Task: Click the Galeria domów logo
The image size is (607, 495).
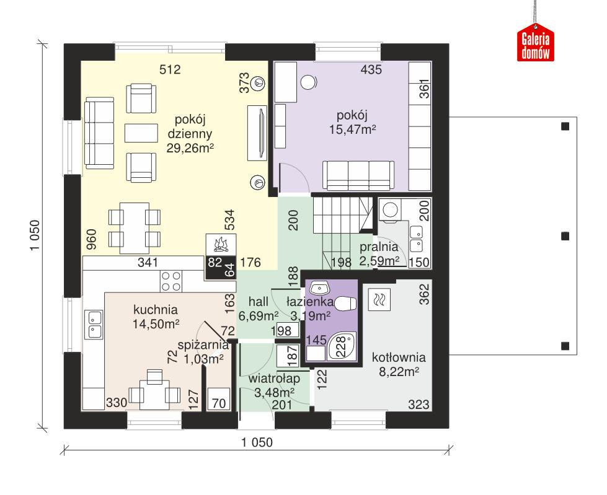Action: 536,45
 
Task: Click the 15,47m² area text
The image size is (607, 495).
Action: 352,129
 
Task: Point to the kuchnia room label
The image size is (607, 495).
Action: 156,309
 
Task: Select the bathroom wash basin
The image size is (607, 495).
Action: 319,288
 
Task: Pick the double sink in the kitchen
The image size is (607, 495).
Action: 94,325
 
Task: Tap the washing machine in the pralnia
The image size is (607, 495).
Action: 391,211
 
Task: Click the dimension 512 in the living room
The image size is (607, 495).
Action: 169,70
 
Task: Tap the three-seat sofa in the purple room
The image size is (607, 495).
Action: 358,174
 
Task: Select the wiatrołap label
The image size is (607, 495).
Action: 275,379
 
